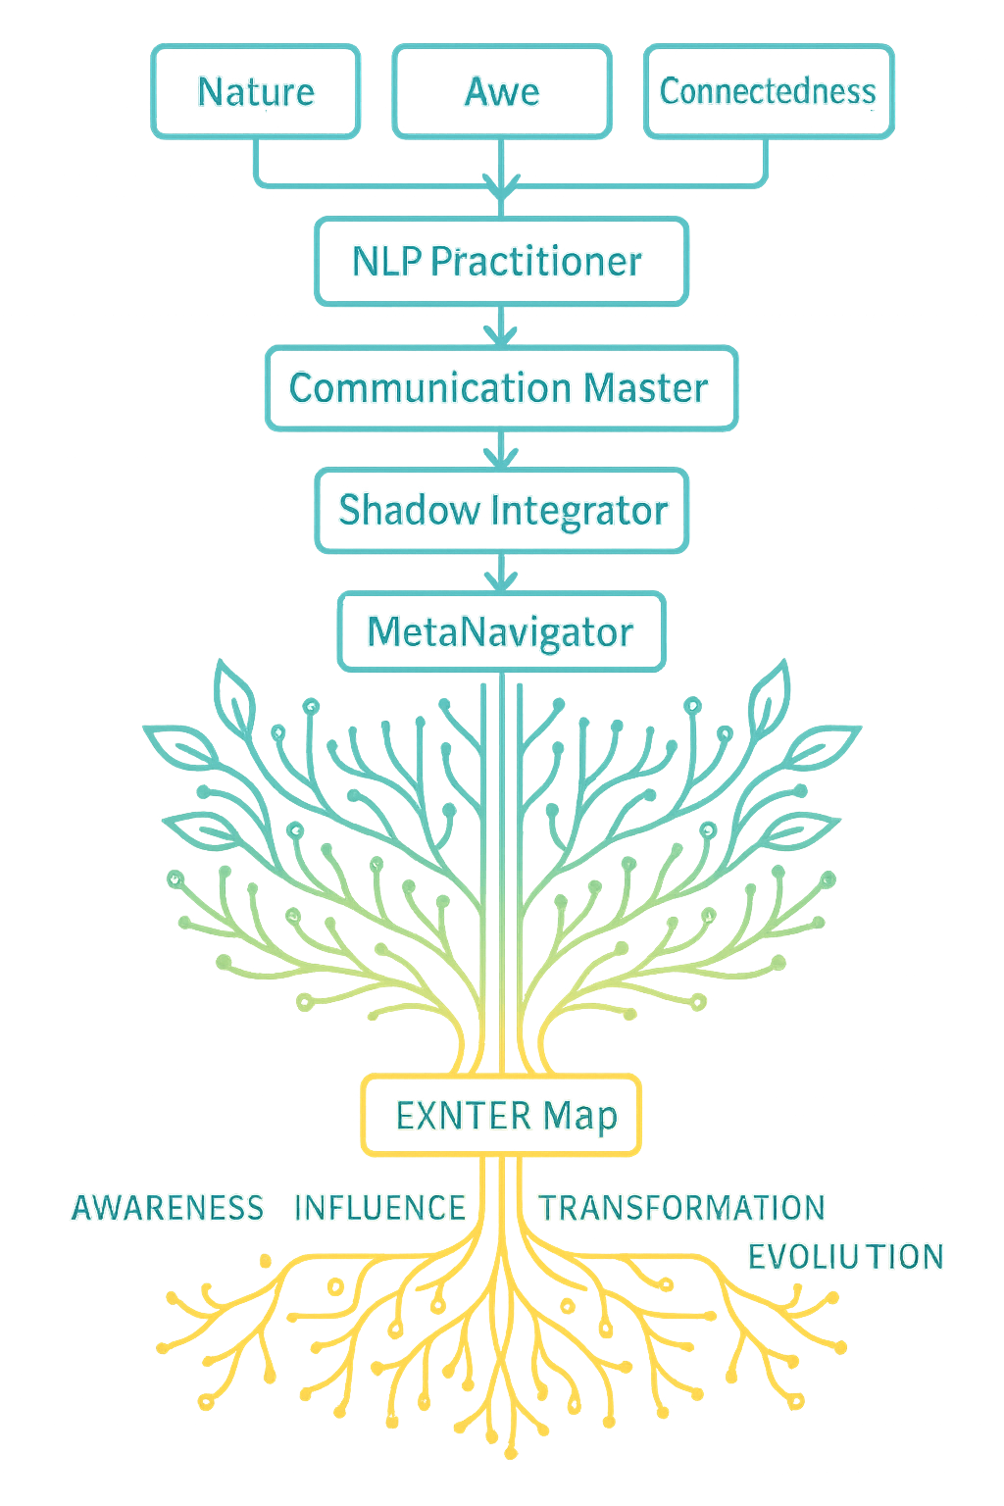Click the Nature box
tap(255, 91)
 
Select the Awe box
tap(501, 91)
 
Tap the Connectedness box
tap(769, 91)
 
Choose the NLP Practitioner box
tap(499, 261)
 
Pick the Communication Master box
tap(499, 388)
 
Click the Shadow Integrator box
tap(502, 510)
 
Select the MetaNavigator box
tap(500, 631)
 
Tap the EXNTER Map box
tap(500, 1115)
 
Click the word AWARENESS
tap(168, 1208)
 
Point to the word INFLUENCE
tap(380, 1208)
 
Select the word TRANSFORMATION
tap(681, 1208)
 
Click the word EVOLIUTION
tap(845, 1257)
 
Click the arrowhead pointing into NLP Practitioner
tap(501, 186)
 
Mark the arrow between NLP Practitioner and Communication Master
tap(500, 331)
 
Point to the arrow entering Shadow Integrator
tap(500, 453)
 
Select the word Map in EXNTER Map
tap(579, 1116)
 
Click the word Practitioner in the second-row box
tap(536, 261)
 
